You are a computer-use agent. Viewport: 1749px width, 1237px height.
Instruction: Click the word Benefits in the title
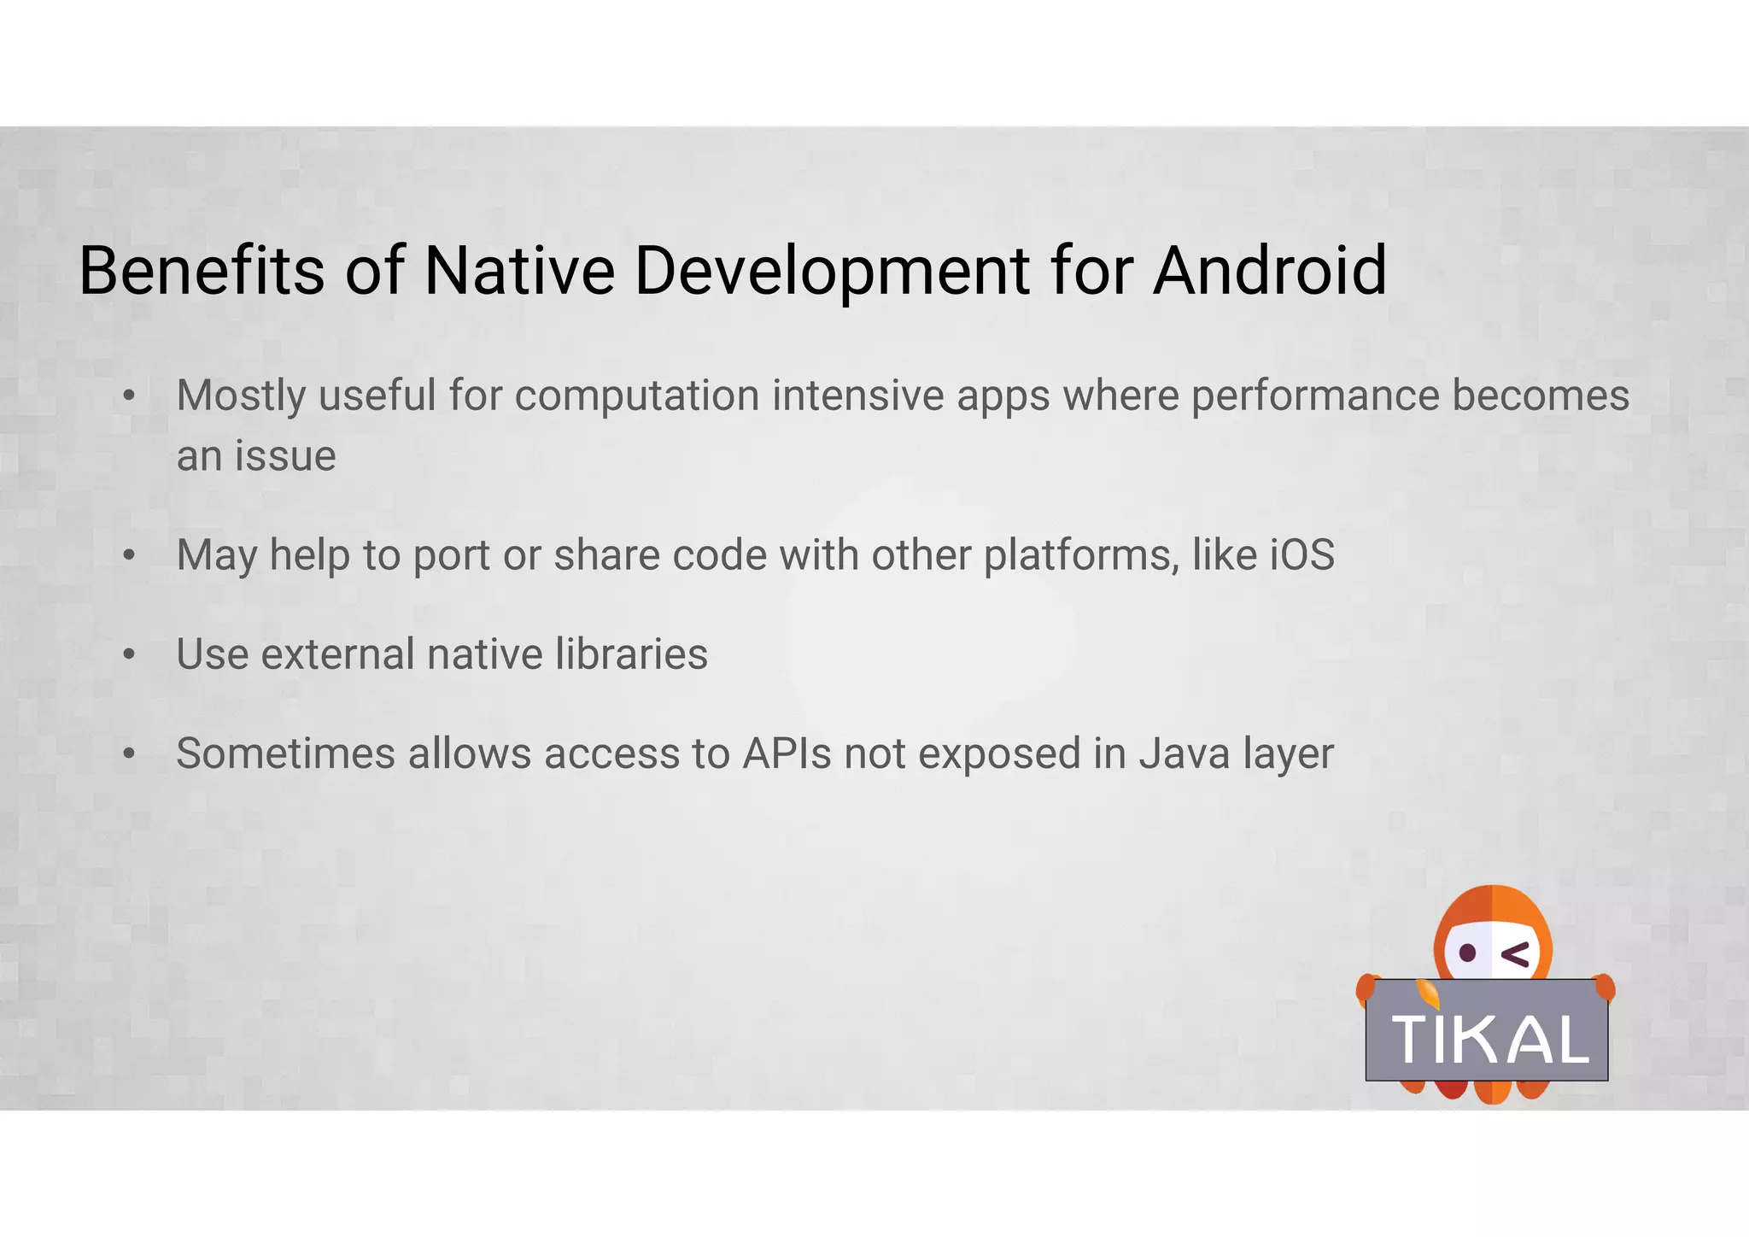tap(201, 270)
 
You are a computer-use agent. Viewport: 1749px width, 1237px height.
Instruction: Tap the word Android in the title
tap(1270, 270)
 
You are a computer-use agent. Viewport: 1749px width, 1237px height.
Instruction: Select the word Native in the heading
tap(519, 270)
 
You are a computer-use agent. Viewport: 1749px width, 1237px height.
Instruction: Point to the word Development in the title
tap(832, 272)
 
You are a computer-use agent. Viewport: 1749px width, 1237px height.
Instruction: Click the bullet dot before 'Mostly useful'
tap(129, 396)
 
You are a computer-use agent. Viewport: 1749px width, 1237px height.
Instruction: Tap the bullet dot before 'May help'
tap(129, 555)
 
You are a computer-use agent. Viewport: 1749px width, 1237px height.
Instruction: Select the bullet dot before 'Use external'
tap(129, 654)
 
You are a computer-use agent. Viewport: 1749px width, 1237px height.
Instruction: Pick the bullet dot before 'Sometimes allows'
tap(129, 753)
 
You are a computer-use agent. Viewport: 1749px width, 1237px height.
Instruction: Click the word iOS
tap(1302, 555)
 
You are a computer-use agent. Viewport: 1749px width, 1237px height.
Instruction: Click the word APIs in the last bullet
tap(786, 753)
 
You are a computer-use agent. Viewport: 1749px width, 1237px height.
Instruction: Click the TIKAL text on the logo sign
tap(1489, 1040)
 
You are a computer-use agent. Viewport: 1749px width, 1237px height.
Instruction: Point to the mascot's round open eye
tap(1467, 953)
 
